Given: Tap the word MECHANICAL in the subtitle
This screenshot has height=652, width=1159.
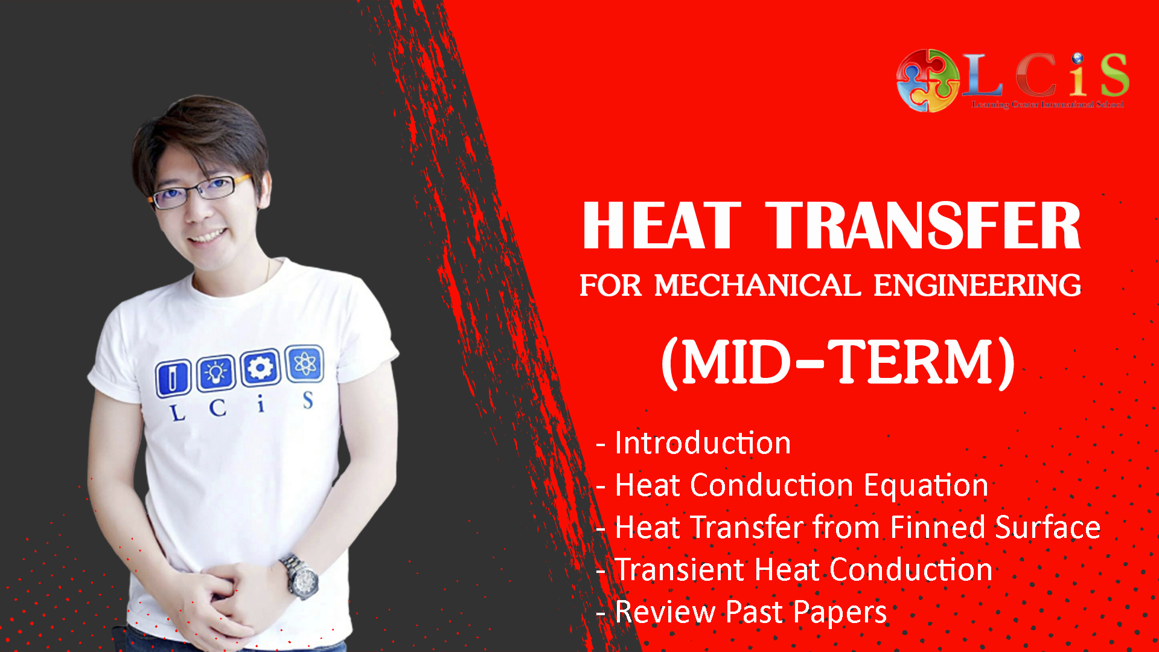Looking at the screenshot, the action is (x=758, y=286).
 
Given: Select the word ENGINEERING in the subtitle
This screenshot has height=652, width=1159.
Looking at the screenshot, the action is (x=977, y=286).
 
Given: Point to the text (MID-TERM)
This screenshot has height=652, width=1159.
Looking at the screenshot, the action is (x=838, y=362).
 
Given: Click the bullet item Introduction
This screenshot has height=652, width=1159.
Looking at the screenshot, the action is (x=703, y=443).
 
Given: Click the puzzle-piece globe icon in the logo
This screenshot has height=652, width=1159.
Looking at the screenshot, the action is (x=927, y=81).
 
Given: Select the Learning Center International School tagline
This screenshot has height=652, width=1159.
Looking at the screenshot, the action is (x=1047, y=104).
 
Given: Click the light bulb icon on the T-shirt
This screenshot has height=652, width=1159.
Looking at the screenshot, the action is (x=216, y=372).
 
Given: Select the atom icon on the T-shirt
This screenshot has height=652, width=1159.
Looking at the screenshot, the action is (x=304, y=363).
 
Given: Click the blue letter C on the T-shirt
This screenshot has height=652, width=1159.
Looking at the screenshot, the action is (x=218, y=408).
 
